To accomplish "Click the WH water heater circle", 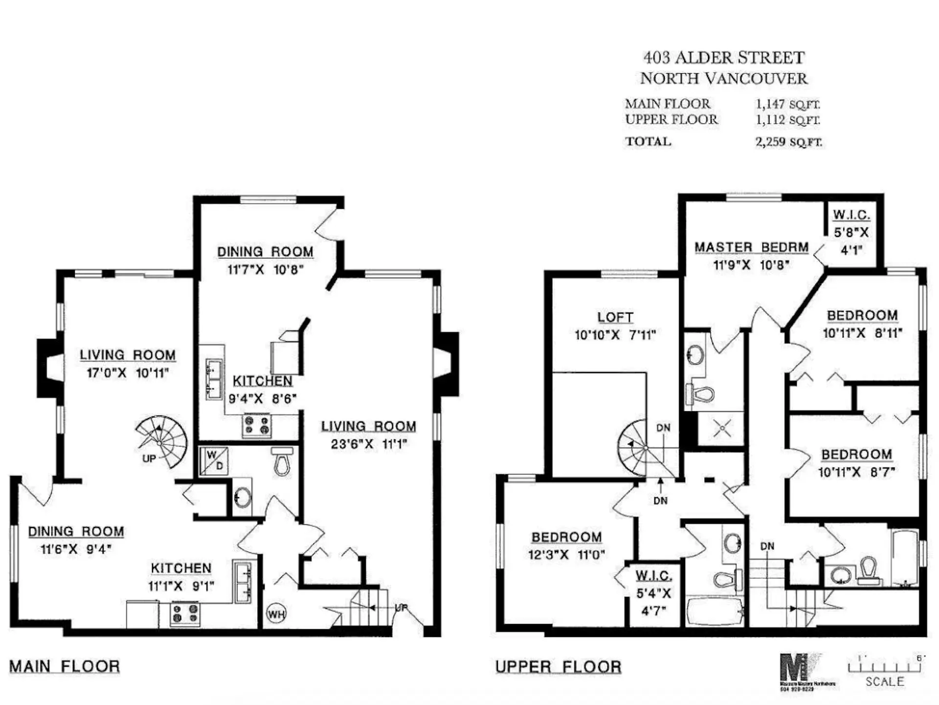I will click(276, 614).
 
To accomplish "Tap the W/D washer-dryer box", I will click(214, 461).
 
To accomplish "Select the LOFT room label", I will click(615, 317).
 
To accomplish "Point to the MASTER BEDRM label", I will click(751, 247).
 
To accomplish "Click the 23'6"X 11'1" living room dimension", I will click(369, 444).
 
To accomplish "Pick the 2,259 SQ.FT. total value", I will click(788, 142).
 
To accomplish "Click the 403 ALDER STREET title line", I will click(723, 58).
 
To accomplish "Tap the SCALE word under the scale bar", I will click(884, 682).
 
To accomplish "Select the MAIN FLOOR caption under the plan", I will click(65, 666).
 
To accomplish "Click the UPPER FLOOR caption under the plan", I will click(558, 667).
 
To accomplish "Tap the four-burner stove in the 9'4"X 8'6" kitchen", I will click(257, 425).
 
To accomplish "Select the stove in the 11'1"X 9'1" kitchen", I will click(185, 614).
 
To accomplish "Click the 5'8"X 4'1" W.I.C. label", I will click(851, 233).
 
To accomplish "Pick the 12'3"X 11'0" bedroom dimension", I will click(566, 555).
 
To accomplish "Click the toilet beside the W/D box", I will click(282, 461).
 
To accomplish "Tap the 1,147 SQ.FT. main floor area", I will click(787, 104).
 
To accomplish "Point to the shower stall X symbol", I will click(722, 429).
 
